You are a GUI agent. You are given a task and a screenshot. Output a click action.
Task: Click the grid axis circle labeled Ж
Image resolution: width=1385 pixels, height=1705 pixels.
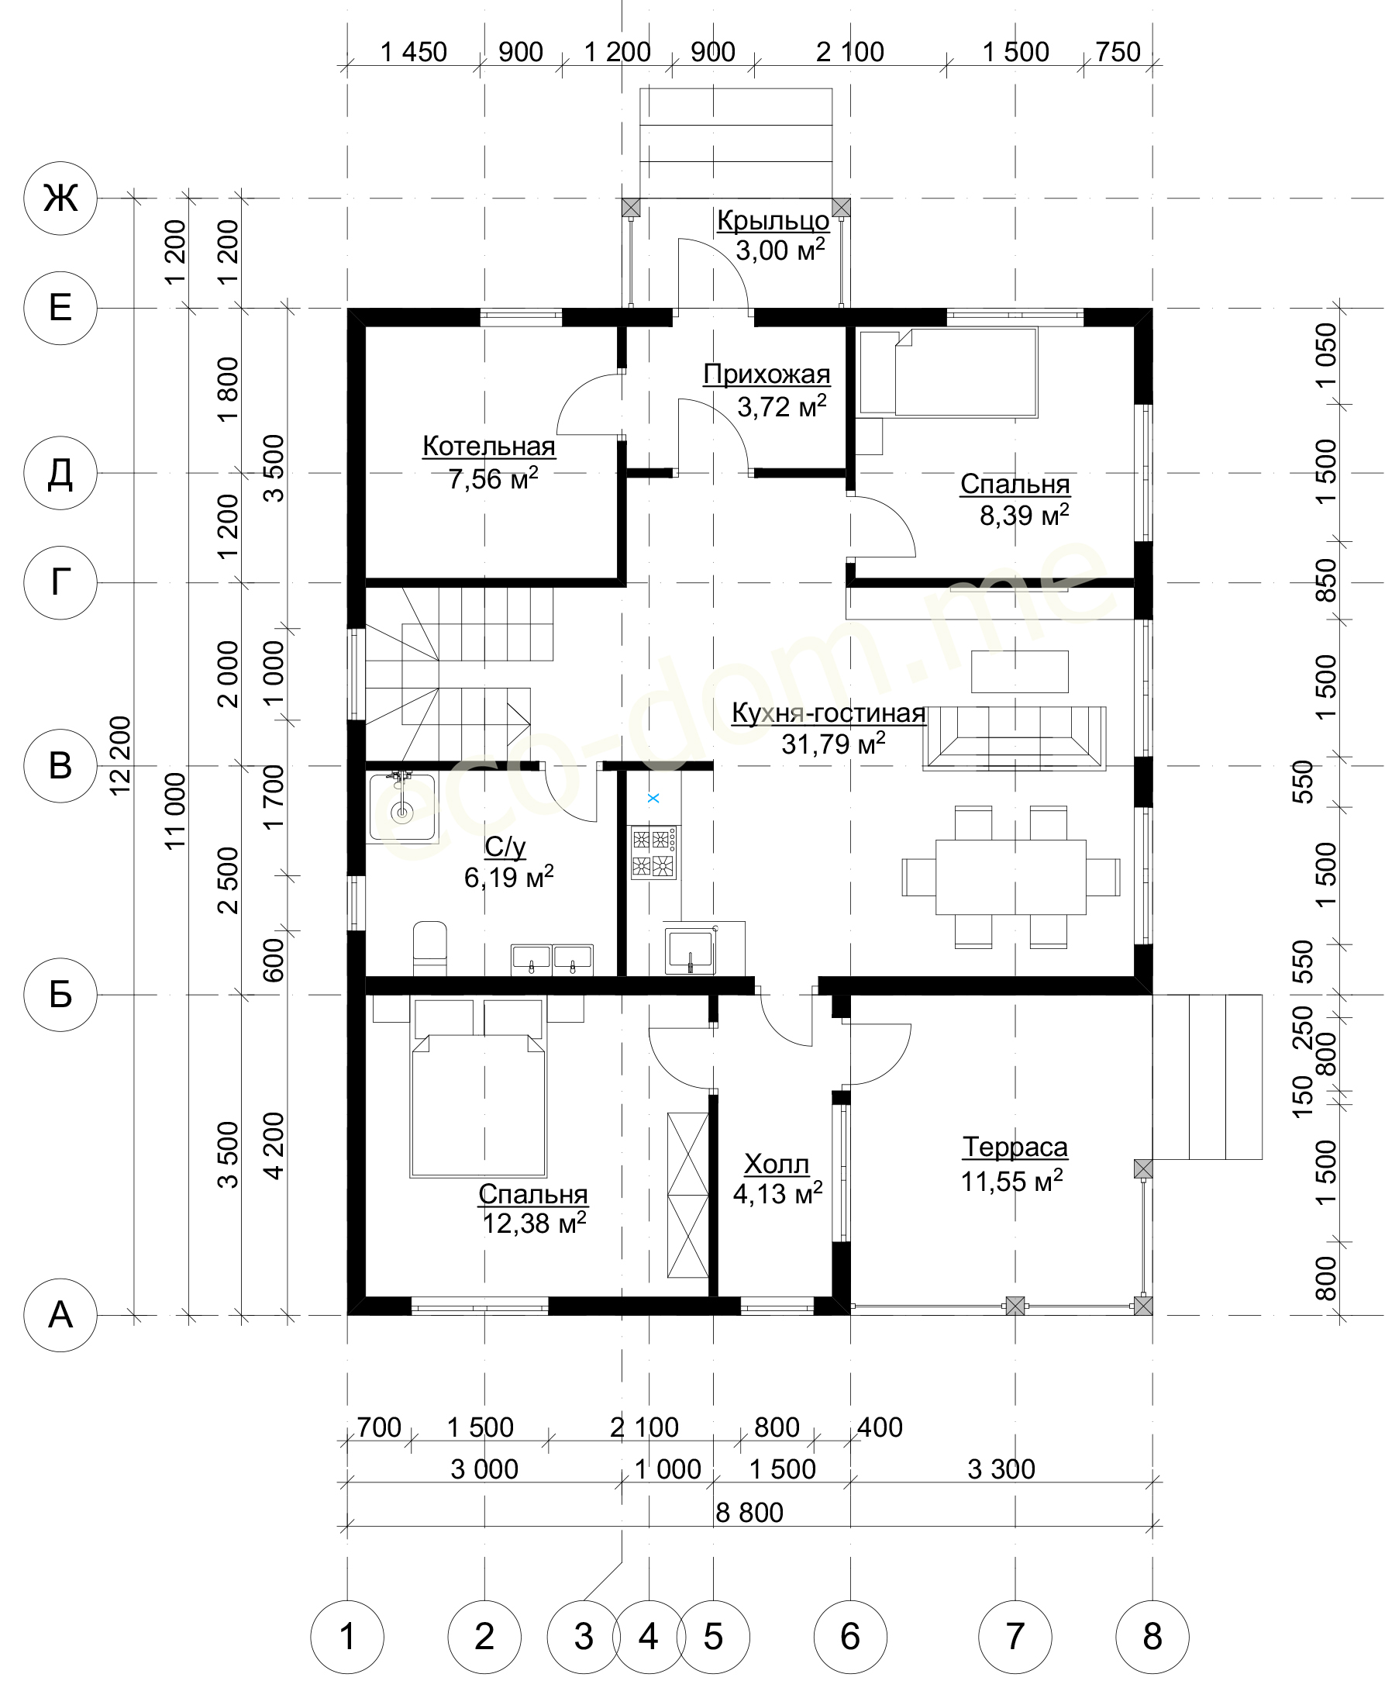coord(60,197)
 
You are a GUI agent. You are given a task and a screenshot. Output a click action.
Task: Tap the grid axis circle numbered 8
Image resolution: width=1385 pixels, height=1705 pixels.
coord(1152,1636)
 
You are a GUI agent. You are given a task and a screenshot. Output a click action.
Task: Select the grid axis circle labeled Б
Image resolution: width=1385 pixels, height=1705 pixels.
coord(60,995)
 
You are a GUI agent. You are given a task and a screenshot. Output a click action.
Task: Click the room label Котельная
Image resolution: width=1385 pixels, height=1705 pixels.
coord(488,446)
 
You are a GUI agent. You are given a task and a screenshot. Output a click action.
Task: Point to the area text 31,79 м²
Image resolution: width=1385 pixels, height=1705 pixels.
coord(833,744)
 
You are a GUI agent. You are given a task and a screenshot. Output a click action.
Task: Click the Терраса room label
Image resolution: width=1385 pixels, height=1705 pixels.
coord(1015,1147)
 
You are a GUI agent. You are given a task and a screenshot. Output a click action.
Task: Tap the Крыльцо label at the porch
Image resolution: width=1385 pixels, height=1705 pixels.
coord(773,219)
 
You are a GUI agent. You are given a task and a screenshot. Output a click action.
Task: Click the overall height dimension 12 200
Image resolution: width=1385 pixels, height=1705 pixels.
coord(120,755)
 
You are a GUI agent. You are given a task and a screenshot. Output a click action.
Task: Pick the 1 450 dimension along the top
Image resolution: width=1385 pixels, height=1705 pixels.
coord(413,52)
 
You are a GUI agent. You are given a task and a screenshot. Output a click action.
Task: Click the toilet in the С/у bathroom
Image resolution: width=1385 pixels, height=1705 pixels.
coord(430,948)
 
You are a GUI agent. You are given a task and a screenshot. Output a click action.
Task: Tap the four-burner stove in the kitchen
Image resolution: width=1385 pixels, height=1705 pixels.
coord(653,853)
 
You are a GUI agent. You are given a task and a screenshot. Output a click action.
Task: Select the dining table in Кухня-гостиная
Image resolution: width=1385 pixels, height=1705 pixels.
coord(1010,876)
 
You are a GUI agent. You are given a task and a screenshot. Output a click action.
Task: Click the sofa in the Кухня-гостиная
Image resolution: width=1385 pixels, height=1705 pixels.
coord(1014,738)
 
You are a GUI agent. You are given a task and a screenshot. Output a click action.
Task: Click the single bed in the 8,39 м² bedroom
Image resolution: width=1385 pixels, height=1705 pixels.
coord(948,373)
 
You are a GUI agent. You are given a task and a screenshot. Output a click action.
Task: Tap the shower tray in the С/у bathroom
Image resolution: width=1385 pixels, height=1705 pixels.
coord(402,807)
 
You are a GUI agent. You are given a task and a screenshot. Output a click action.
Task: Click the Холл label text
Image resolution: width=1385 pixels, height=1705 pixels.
coord(777,1165)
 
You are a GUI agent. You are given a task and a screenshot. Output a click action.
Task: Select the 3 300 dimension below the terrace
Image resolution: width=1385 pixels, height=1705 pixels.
coord(1001,1469)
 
